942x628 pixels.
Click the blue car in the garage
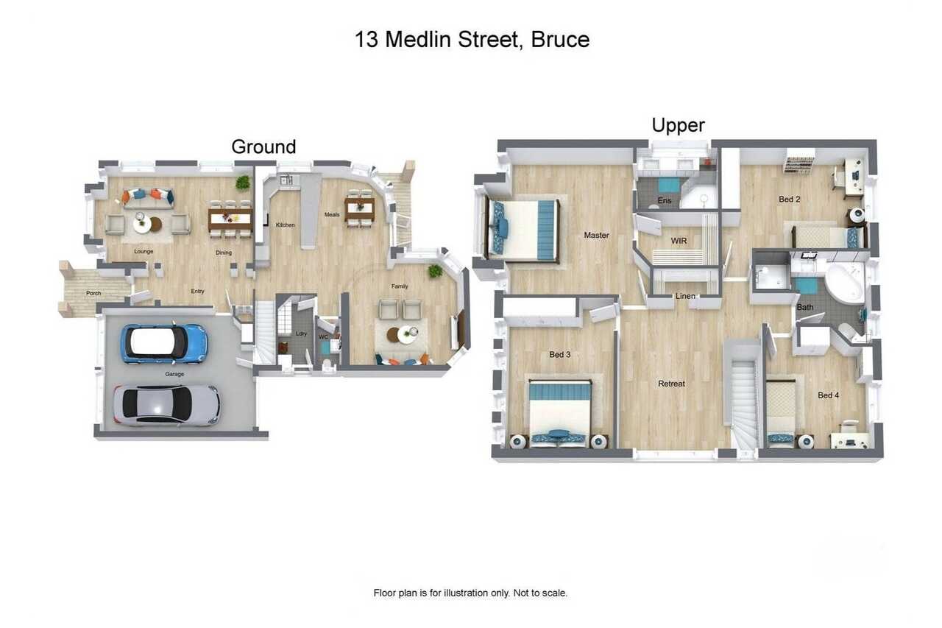click(x=164, y=344)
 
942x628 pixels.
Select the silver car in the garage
click(x=166, y=405)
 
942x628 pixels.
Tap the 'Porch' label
click(x=93, y=293)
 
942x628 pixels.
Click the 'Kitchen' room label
click(x=285, y=225)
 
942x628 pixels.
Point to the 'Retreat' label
click(x=671, y=384)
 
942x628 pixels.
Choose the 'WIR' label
click(x=679, y=241)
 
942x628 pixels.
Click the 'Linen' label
click(x=685, y=296)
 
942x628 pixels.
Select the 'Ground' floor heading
click(x=263, y=147)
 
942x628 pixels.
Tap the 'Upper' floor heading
click(x=678, y=125)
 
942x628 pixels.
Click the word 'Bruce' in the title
click(x=560, y=40)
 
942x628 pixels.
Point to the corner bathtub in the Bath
click(x=844, y=281)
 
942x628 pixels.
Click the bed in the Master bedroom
click(x=523, y=230)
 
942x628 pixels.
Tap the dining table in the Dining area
click(x=230, y=219)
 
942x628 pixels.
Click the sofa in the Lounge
click(x=148, y=199)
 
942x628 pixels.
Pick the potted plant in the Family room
click(x=435, y=272)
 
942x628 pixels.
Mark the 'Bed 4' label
click(x=828, y=395)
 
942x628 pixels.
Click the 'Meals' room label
click(x=332, y=214)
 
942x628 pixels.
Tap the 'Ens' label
click(x=665, y=201)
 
